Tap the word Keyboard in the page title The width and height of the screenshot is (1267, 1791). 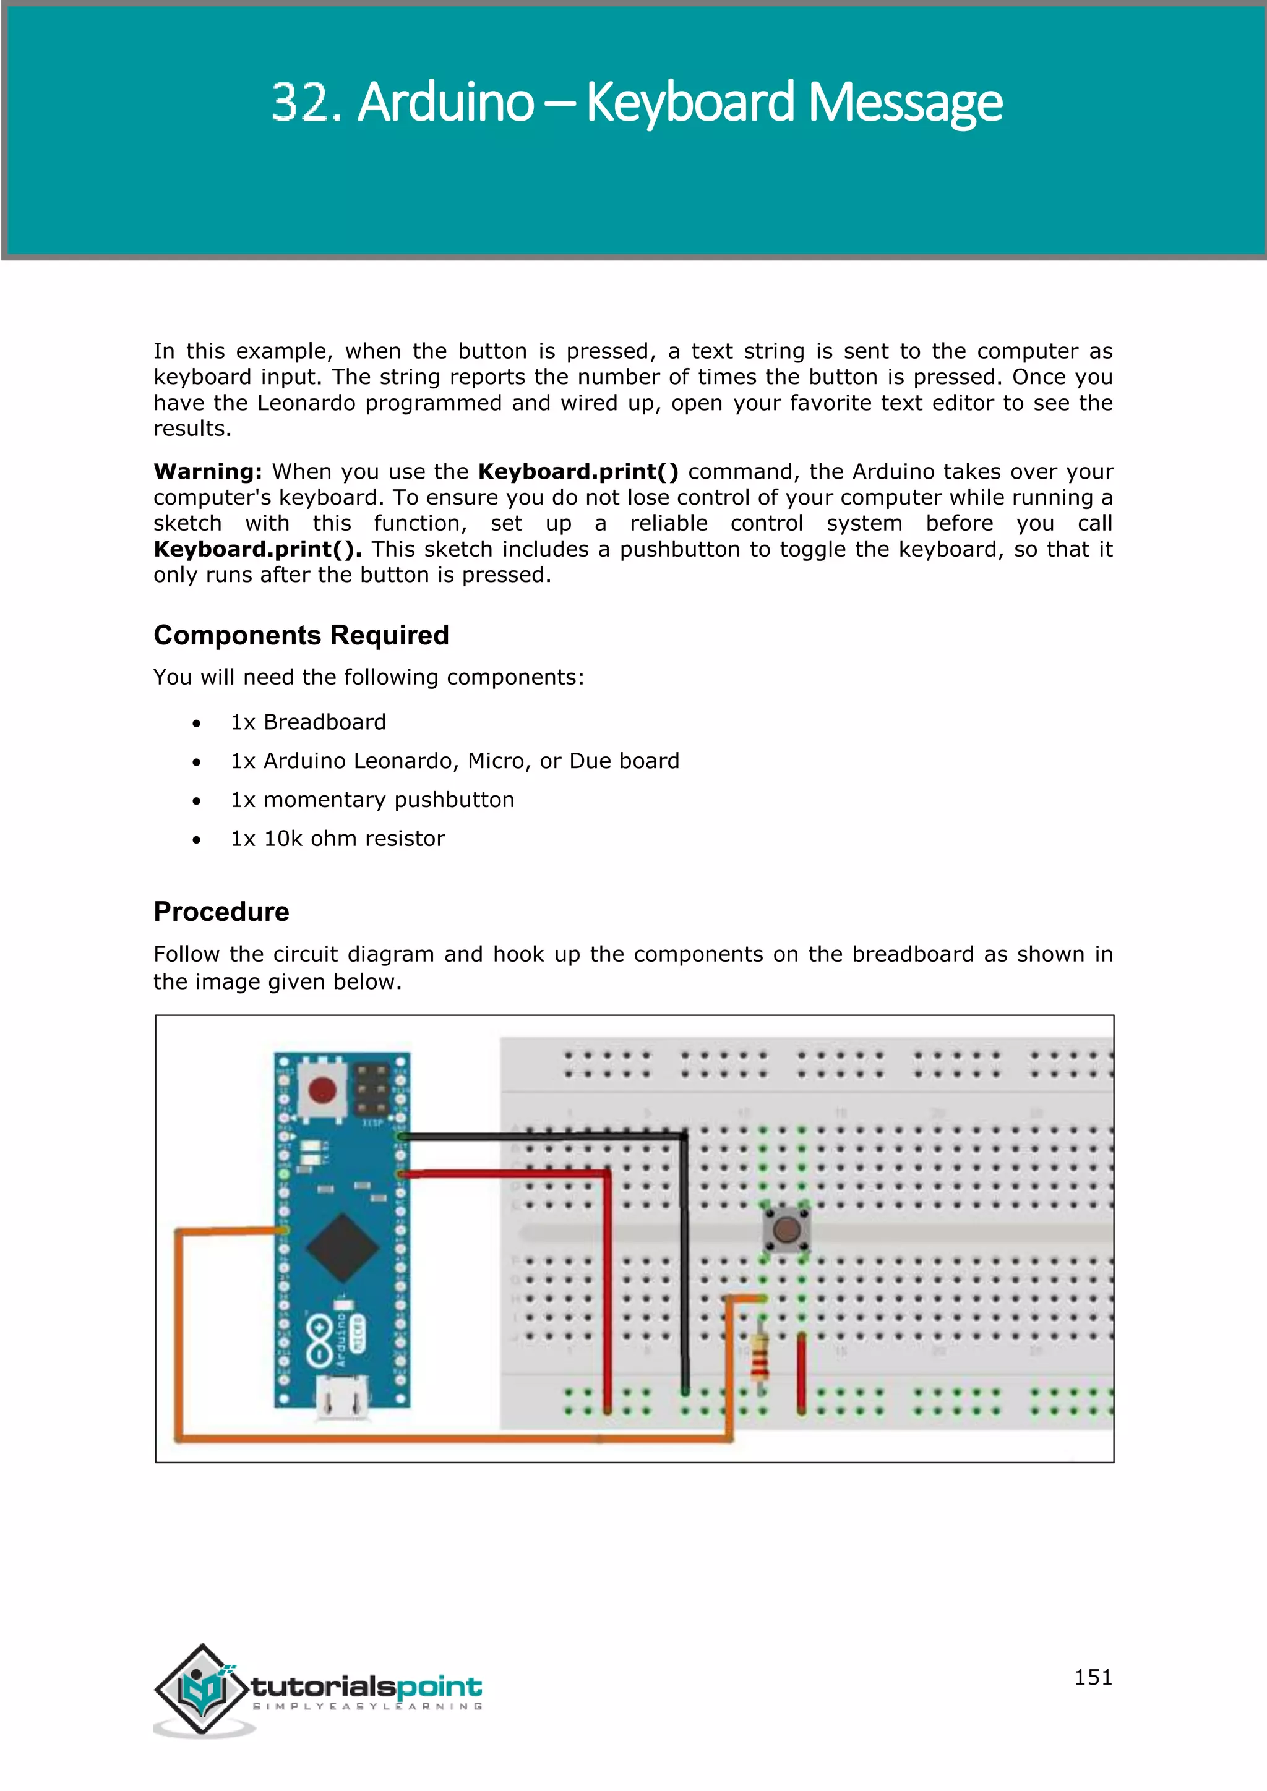690,103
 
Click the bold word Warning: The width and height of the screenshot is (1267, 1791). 207,472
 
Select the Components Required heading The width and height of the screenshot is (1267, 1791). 301,635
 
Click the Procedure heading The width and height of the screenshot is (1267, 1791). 221,911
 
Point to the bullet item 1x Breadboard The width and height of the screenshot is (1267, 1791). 308,722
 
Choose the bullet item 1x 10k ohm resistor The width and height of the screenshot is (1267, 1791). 337,839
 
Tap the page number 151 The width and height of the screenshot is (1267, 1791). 1093,1677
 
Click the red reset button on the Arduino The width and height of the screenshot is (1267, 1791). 322,1090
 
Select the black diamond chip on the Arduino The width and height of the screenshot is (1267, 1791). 341,1247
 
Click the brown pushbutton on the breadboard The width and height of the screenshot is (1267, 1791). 786,1230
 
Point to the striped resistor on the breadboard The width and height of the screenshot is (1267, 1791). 760,1356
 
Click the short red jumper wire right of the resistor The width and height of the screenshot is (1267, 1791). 801,1373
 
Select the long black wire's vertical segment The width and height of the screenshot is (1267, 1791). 684,1263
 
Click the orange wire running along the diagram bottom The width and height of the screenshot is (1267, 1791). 452,1438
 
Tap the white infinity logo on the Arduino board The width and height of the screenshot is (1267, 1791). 319,1340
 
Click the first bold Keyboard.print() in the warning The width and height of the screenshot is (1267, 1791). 577,472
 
